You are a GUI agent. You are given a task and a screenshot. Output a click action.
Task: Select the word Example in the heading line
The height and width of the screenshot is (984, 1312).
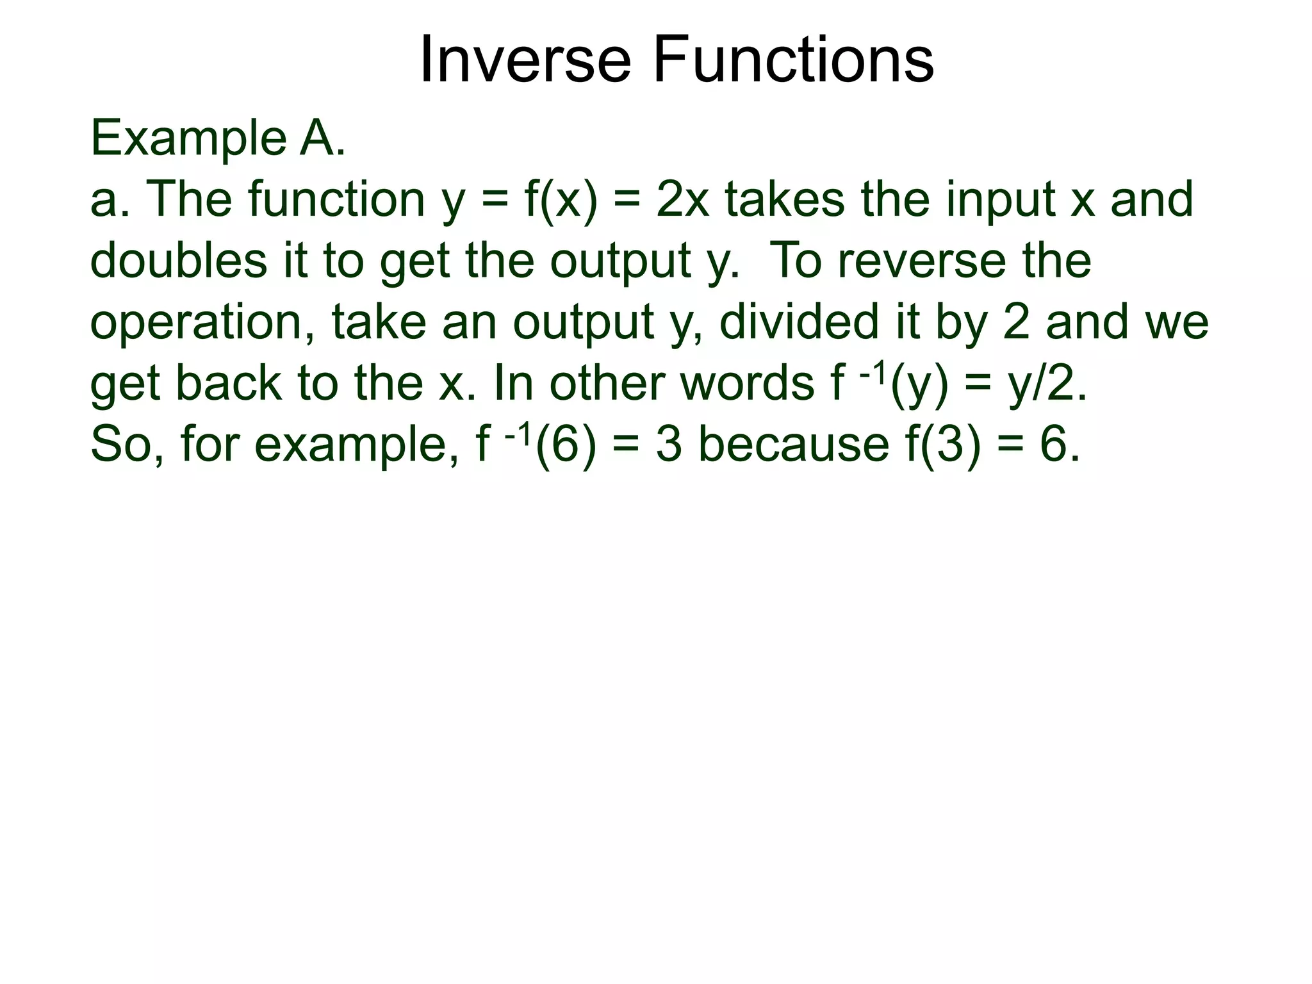tap(188, 140)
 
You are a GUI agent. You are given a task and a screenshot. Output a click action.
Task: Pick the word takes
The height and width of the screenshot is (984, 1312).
tap(785, 200)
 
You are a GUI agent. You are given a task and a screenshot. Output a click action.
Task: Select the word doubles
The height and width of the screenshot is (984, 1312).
tap(179, 261)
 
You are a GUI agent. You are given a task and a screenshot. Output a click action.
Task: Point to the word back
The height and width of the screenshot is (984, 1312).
tap(228, 384)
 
